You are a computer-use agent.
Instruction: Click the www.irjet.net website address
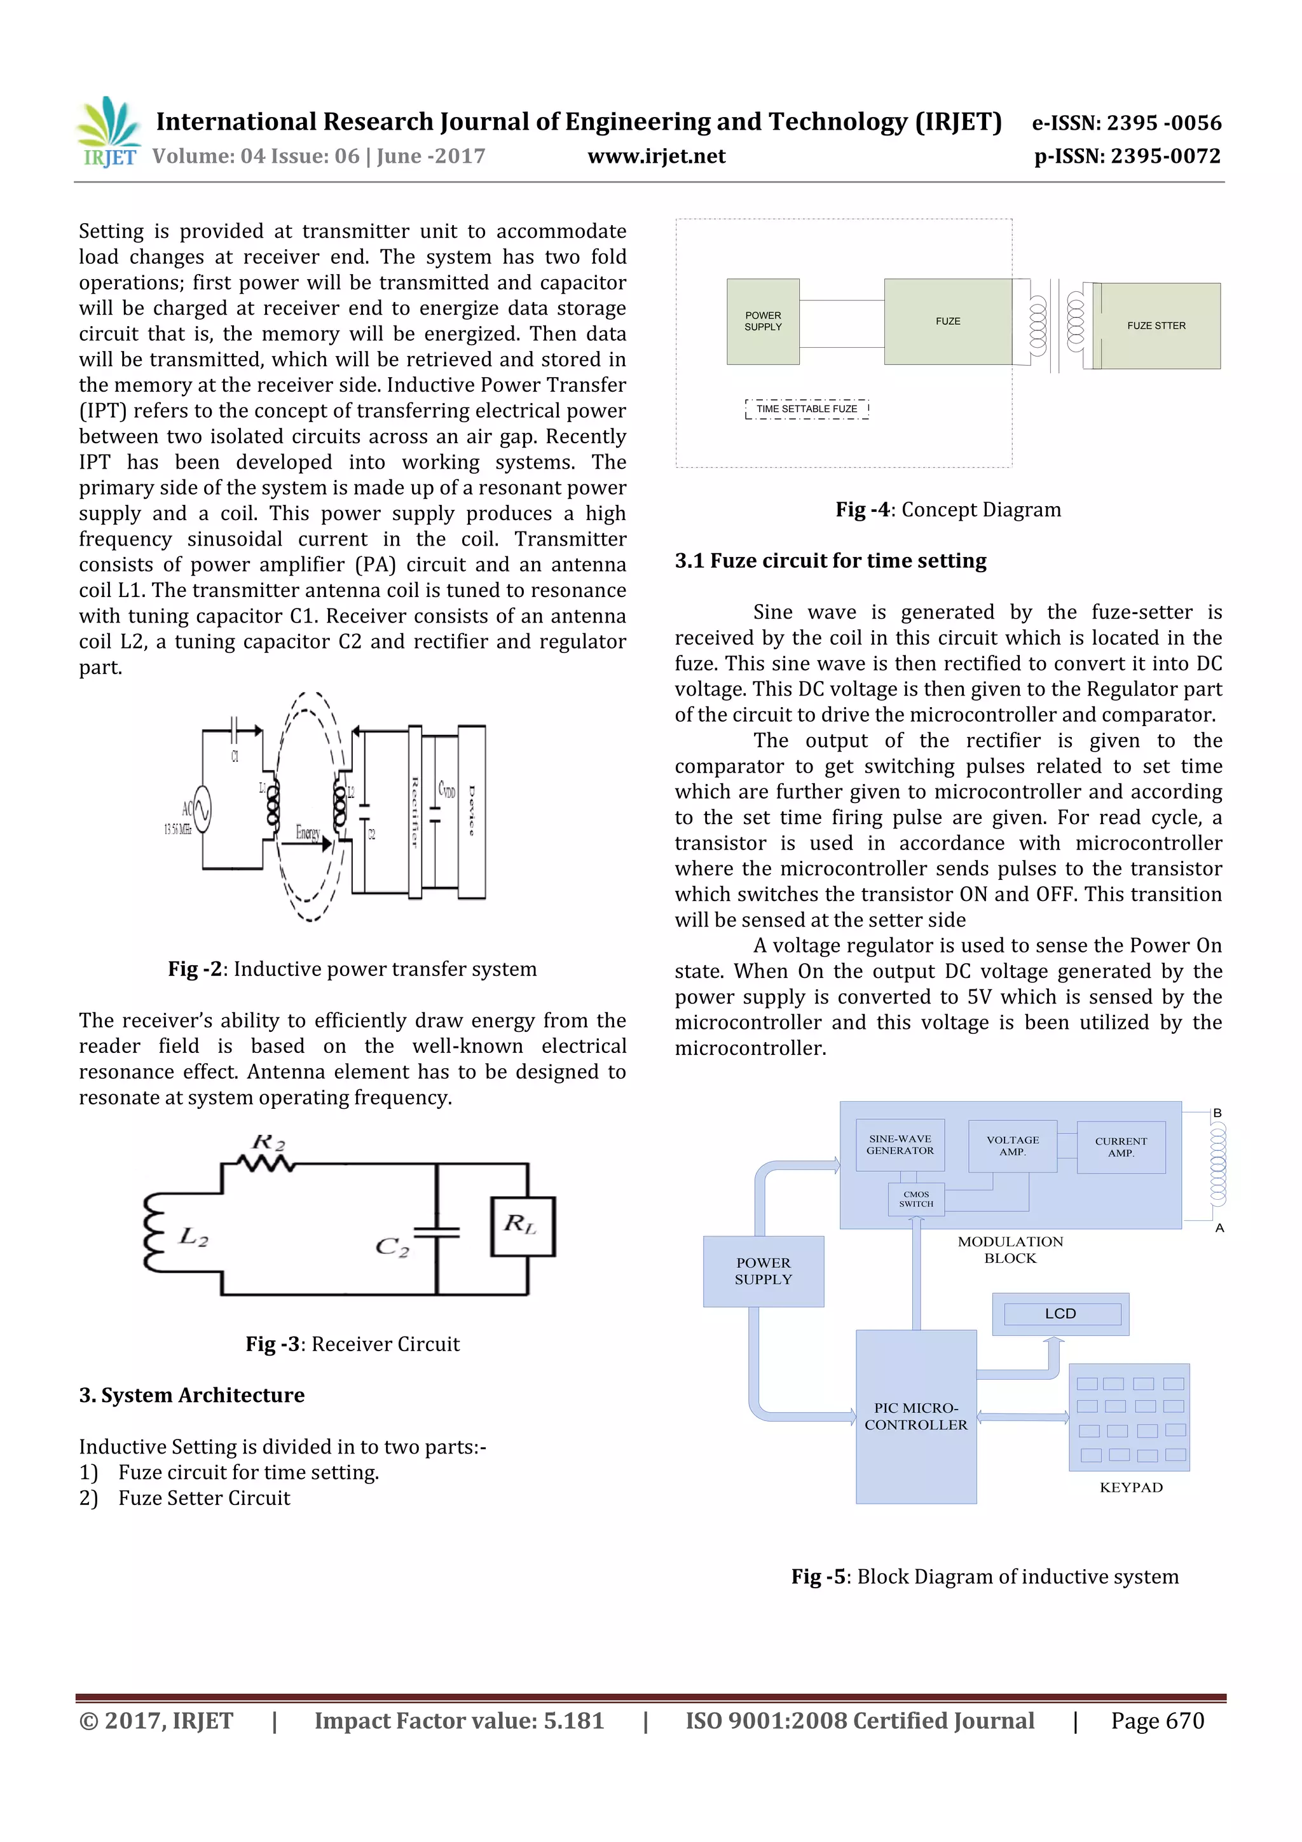[655, 156]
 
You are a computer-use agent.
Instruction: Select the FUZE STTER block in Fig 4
[1155, 326]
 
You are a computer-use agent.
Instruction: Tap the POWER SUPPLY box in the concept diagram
[762, 322]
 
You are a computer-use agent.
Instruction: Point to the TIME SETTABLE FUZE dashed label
[806, 409]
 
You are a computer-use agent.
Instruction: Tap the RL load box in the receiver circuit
[522, 1226]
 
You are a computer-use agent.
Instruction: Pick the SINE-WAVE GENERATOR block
[900, 1145]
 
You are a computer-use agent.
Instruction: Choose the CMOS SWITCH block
[915, 1199]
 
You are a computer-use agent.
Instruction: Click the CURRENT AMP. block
[1120, 1147]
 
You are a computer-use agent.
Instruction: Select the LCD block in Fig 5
[1060, 1314]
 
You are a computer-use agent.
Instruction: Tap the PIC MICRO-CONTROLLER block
[915, 1416]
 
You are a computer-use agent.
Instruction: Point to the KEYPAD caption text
[1130, 1487]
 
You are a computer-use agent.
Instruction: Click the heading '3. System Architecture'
[192, 1395]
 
